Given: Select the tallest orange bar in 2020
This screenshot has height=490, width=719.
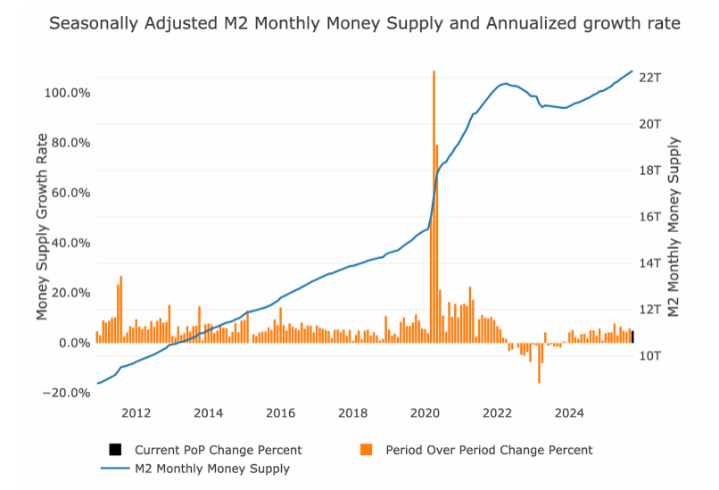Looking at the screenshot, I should tap(434, 205).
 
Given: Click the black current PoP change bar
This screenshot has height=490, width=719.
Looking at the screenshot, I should tap(632, 336).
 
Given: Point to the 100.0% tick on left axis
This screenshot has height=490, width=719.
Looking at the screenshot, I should tap(67, 93).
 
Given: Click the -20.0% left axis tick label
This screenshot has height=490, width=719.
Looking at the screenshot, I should tap(67, 393).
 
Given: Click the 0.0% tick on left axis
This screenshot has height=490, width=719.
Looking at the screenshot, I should tap(71, 343).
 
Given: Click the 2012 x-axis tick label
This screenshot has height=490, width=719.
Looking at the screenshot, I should tap(136, 412).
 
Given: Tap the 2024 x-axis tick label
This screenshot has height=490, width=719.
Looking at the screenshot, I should tap(569, 412).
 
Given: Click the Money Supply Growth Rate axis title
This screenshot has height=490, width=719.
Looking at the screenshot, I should tap(42, 238).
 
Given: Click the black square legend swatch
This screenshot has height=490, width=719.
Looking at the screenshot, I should tap(115, 450).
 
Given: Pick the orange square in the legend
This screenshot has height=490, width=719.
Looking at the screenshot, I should tap(367, 450).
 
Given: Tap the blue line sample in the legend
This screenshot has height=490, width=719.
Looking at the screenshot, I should tap(115, 468).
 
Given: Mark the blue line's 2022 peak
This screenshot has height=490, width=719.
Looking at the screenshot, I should tap(506, 83).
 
